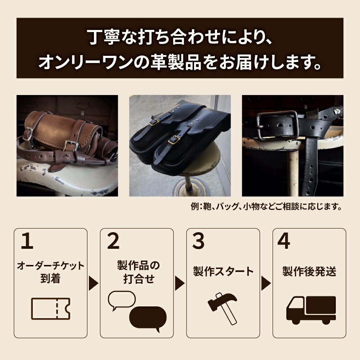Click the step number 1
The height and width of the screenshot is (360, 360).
pyautogui.click(x=27, y=242)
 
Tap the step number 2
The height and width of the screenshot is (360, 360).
pyautogui.click(x=113, y=242)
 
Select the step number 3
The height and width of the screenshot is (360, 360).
pyautogui.click(x=198, y=242)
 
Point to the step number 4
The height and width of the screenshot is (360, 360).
pyautogui.click(x=284, y=242)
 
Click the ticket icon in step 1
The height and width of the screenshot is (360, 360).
pyautogui.click(x=50, y=309)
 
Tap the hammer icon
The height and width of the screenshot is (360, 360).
pyautogui.click(x=222, y=307)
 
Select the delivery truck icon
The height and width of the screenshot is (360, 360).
pyautogui.click(x=311, y=310)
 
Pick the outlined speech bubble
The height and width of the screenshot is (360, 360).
pyautogui.click(x=122, y=300)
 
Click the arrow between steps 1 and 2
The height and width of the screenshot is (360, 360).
pyautogui.click(x=93, y=283)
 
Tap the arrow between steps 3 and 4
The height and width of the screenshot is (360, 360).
pyautogui.click(x=266, y=283)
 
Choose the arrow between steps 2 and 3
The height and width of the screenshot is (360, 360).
pyautogui.click(x=179, y=283)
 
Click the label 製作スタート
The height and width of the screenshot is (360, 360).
pyautogui.click(x=223, y=271)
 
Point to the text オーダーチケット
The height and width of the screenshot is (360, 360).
pyautogui.click(x=50, y=266)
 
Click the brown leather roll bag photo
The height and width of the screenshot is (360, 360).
pyautogui.click(x=67, y=145)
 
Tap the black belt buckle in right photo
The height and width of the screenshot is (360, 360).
pyautogui.click(x=277, y=125)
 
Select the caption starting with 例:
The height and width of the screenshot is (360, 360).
pyautogui.click(x=266, y=207)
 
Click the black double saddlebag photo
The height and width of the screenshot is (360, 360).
pyautogui.click(x=180, y=145)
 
